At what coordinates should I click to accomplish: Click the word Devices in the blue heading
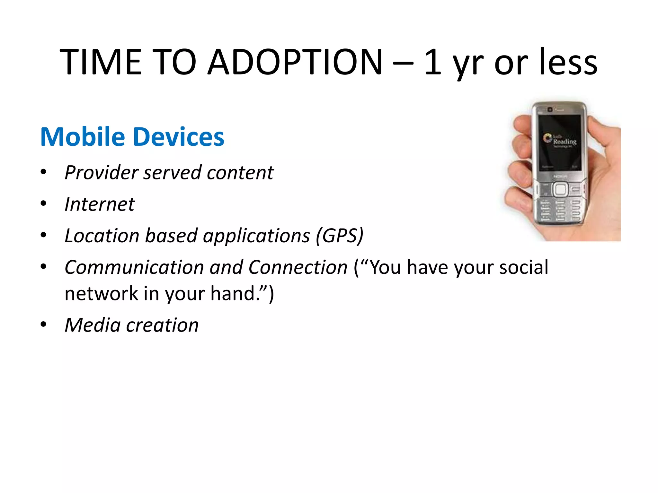click(179, 137)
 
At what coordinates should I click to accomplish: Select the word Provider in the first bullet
click(101, 173)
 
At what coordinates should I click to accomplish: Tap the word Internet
click(100, 204)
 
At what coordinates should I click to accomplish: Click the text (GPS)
click(339, 236)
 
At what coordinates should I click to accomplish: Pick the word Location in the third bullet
click(102, 236)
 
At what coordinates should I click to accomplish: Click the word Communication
click(134, 267)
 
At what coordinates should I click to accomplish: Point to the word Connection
click(298, 267)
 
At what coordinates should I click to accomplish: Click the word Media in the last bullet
click(93, 325)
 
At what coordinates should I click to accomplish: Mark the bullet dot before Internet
click(43, 203)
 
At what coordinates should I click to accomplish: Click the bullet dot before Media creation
click(43, 324)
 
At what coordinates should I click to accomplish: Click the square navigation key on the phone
click(560, 189)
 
